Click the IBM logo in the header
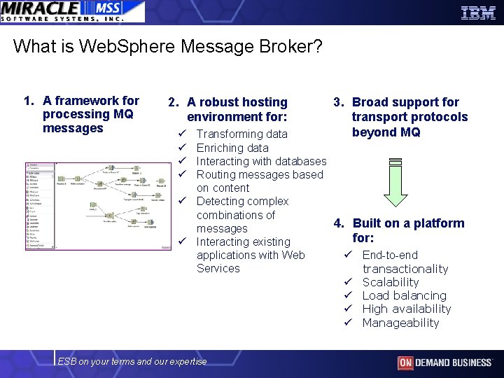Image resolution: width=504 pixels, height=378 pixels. (x=478, y=12)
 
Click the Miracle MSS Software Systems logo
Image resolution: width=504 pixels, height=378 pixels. (x=72, y=11)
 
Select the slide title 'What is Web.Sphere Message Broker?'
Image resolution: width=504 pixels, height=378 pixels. (x=168, y=47)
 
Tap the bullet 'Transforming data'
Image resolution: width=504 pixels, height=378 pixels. (x=241, y=134)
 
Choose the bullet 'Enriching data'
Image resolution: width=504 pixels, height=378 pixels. (x=232, y=148)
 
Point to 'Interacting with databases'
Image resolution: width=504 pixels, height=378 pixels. (x=261, y=161)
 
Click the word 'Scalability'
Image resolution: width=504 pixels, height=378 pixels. (x=390, y=282)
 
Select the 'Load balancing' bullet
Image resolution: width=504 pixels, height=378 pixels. (x=404, y=295)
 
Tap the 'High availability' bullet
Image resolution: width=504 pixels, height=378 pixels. (x=406, y=309)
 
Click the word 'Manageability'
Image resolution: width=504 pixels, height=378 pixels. (x=400, y=323)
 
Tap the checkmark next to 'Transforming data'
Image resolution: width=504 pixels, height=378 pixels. (x=181, y=134)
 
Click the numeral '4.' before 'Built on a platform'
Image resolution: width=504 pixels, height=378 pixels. (x=339, y=223)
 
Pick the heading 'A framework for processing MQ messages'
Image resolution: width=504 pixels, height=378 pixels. (x=90, y=114)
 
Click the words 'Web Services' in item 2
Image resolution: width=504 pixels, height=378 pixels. (x=251, y=262)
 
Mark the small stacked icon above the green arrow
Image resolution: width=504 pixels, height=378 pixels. (x=395, y=162)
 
